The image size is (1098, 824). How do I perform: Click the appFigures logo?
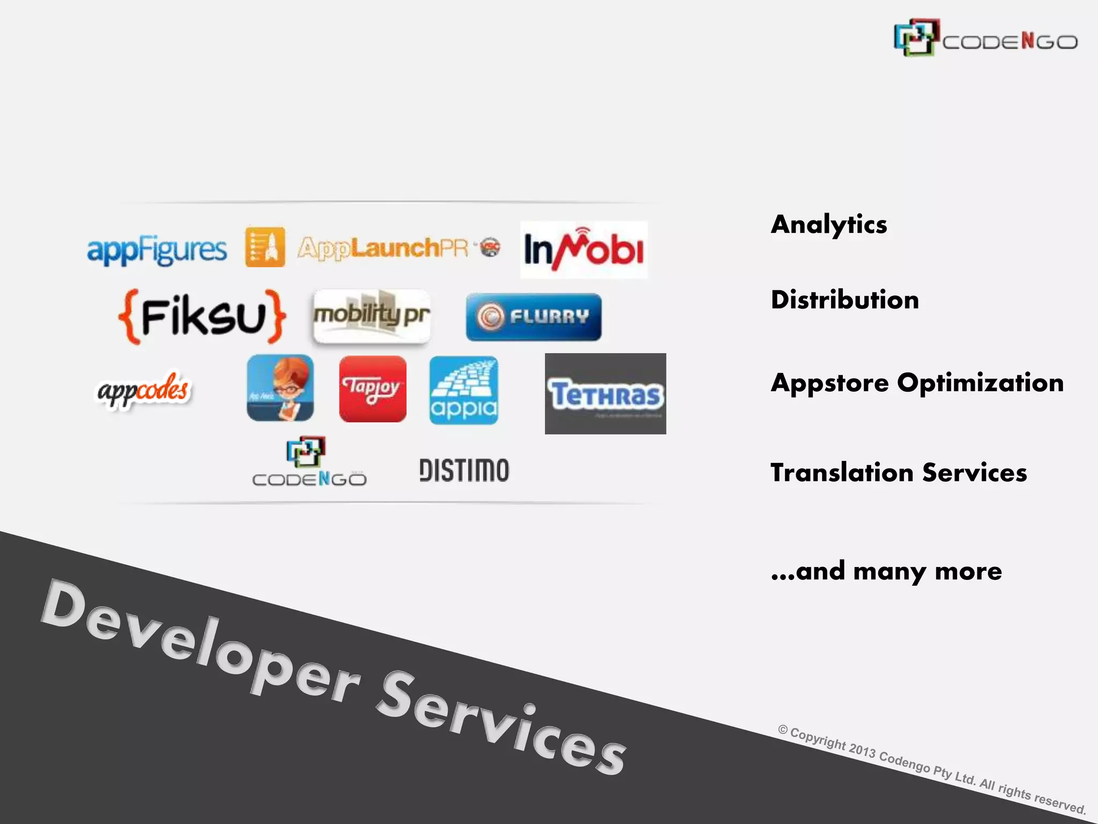[157, 250]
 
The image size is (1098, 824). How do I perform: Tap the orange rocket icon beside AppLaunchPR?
[265, 247]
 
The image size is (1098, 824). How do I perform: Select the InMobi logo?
[584, 250]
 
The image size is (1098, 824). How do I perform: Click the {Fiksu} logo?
[202, 317]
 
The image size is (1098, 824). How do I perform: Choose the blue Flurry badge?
[533, 317]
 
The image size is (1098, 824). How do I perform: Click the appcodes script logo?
[143, 390]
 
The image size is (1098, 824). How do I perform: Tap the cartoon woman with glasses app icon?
[280, 388]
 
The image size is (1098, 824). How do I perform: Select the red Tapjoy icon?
[373, 388]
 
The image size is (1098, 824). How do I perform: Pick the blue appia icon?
[464, 390]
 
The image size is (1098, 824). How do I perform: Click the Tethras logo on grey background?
[605, 394]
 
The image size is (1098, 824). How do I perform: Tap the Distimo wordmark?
[464, 470]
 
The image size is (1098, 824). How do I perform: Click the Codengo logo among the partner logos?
[309, 462]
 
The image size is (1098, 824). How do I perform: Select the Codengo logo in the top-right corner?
[985, 38]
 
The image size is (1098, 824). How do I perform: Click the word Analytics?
[829, 225]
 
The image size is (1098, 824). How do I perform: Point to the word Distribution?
[845, 300]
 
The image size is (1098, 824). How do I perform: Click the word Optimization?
[980, 383]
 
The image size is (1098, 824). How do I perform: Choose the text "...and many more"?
[886, 571]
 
